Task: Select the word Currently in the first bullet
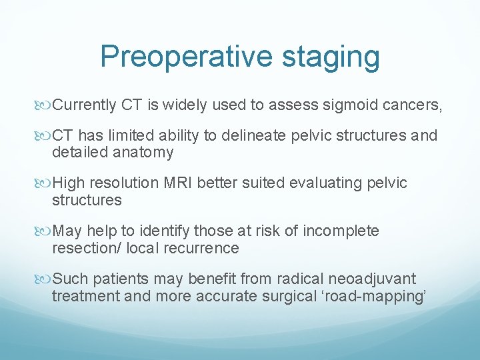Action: [85, 105]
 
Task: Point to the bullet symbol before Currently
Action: [45, 105]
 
